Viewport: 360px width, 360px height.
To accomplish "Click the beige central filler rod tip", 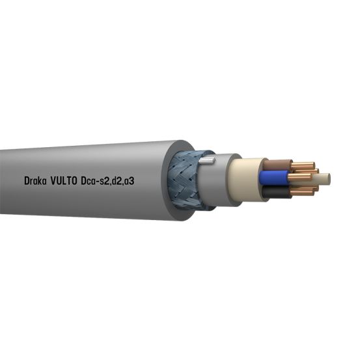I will (324, 178).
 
